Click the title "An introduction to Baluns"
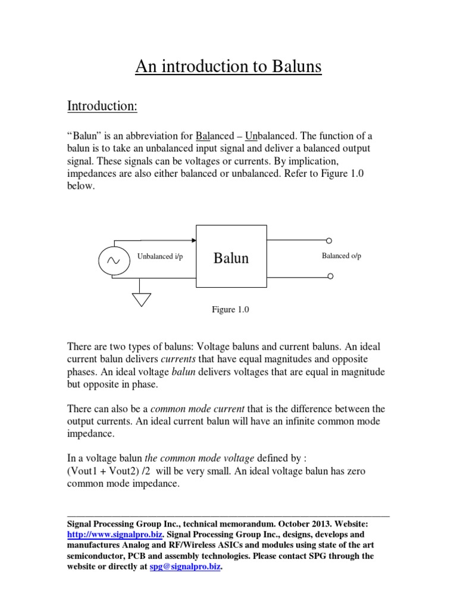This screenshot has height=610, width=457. (x=228, y=67)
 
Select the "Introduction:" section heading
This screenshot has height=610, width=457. (x=102, y=107)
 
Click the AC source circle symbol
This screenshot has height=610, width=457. (x=111, y=260)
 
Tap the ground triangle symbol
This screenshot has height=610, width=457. (x=141, y=299)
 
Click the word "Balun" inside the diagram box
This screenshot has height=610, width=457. (x=231, y=258)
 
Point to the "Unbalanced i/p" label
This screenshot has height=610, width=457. (x=161, y=256)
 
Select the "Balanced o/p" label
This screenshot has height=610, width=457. (x=342, y=256)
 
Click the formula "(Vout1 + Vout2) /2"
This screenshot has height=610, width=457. (x=107, y=471)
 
